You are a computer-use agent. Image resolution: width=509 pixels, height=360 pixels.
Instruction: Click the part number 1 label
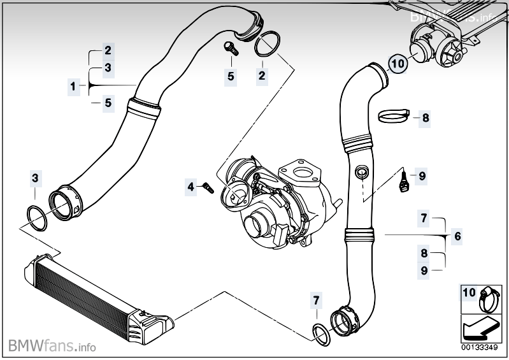pyautogui.click(x=73, y=85)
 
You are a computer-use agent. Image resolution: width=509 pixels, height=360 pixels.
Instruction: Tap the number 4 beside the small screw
pyautogui.click(x=190, y=187)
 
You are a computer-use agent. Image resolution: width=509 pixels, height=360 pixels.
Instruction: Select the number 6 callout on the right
pyautogui.click(x=457, y=236)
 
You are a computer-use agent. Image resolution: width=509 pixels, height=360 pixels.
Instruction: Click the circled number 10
pyautogui.click(x=397, y=64)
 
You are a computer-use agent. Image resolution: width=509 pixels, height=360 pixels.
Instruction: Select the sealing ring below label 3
pyautogui.click(x=37, y=217)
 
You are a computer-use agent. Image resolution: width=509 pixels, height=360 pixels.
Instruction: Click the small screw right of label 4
pyautogui.click(x=207, y=187)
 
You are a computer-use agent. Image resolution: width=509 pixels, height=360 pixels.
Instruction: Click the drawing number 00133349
pyautogui.click(x=482, y=348)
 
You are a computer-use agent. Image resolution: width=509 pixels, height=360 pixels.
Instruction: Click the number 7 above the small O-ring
pyautogui.click(x=317, y=299)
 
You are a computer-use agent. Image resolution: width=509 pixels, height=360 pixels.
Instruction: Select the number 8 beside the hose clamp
pyautogui.click(x=426, y=117)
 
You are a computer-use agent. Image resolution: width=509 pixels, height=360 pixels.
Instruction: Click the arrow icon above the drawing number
pyautogui.click(x=481, y=328)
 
